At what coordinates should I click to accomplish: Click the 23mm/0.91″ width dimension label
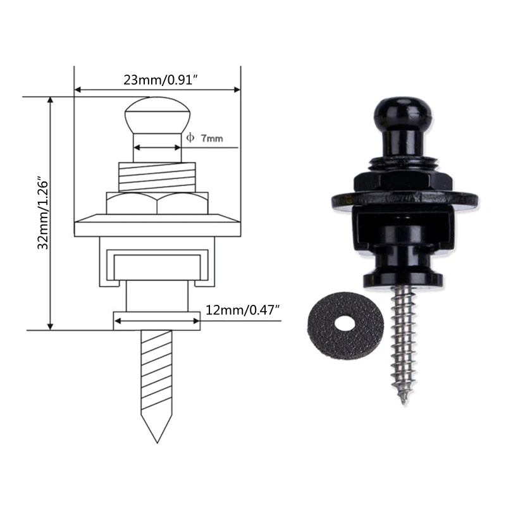pos(161,80)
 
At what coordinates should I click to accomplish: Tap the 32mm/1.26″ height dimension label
pos(42,213)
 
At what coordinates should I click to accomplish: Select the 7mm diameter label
pos(212,139)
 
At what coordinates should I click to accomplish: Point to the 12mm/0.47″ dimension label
pos(242,310)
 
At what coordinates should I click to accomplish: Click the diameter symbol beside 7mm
pos(190,138)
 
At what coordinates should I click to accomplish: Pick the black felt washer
pos(345,325)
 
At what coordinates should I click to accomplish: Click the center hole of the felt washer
pos(344,323)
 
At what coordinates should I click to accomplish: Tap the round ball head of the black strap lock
pos(403,113)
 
